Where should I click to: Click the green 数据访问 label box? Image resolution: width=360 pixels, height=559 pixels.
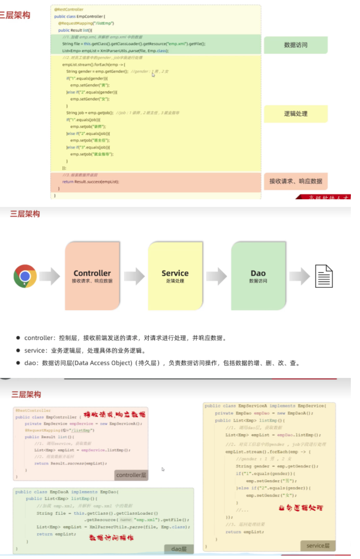click(295, 45)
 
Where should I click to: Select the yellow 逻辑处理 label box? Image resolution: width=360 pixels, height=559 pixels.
click(295, 114)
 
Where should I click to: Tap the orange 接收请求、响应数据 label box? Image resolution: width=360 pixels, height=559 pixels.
click(295, 182)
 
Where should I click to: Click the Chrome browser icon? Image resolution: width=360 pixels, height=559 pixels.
click(25, 276)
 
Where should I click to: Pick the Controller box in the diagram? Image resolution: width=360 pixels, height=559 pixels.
click(92, 276)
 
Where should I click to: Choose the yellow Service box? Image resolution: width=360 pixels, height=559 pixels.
click(175, 276)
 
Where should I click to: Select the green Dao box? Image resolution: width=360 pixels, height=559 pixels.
click(258, 276)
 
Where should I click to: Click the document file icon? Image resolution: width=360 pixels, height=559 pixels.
click(324, 276)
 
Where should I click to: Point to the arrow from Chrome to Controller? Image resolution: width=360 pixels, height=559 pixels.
click(50, 276)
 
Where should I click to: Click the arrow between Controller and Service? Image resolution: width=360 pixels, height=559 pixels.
click(134, 276)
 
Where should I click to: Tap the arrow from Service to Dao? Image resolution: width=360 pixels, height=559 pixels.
click(216, 276)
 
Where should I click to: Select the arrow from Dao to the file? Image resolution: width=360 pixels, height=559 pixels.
click(299, 276)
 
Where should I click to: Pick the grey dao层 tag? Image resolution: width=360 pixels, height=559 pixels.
click(179, 548)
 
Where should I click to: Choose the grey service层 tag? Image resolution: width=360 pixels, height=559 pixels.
click(318, 546)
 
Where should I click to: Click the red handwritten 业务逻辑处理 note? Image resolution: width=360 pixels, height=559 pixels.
click(301, 508)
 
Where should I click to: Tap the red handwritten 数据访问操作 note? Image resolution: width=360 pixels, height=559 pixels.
click(111, 538)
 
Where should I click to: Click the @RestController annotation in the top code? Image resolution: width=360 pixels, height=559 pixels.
click(69, 9)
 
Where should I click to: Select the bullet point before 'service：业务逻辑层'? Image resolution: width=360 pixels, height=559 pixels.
click(18, 351)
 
